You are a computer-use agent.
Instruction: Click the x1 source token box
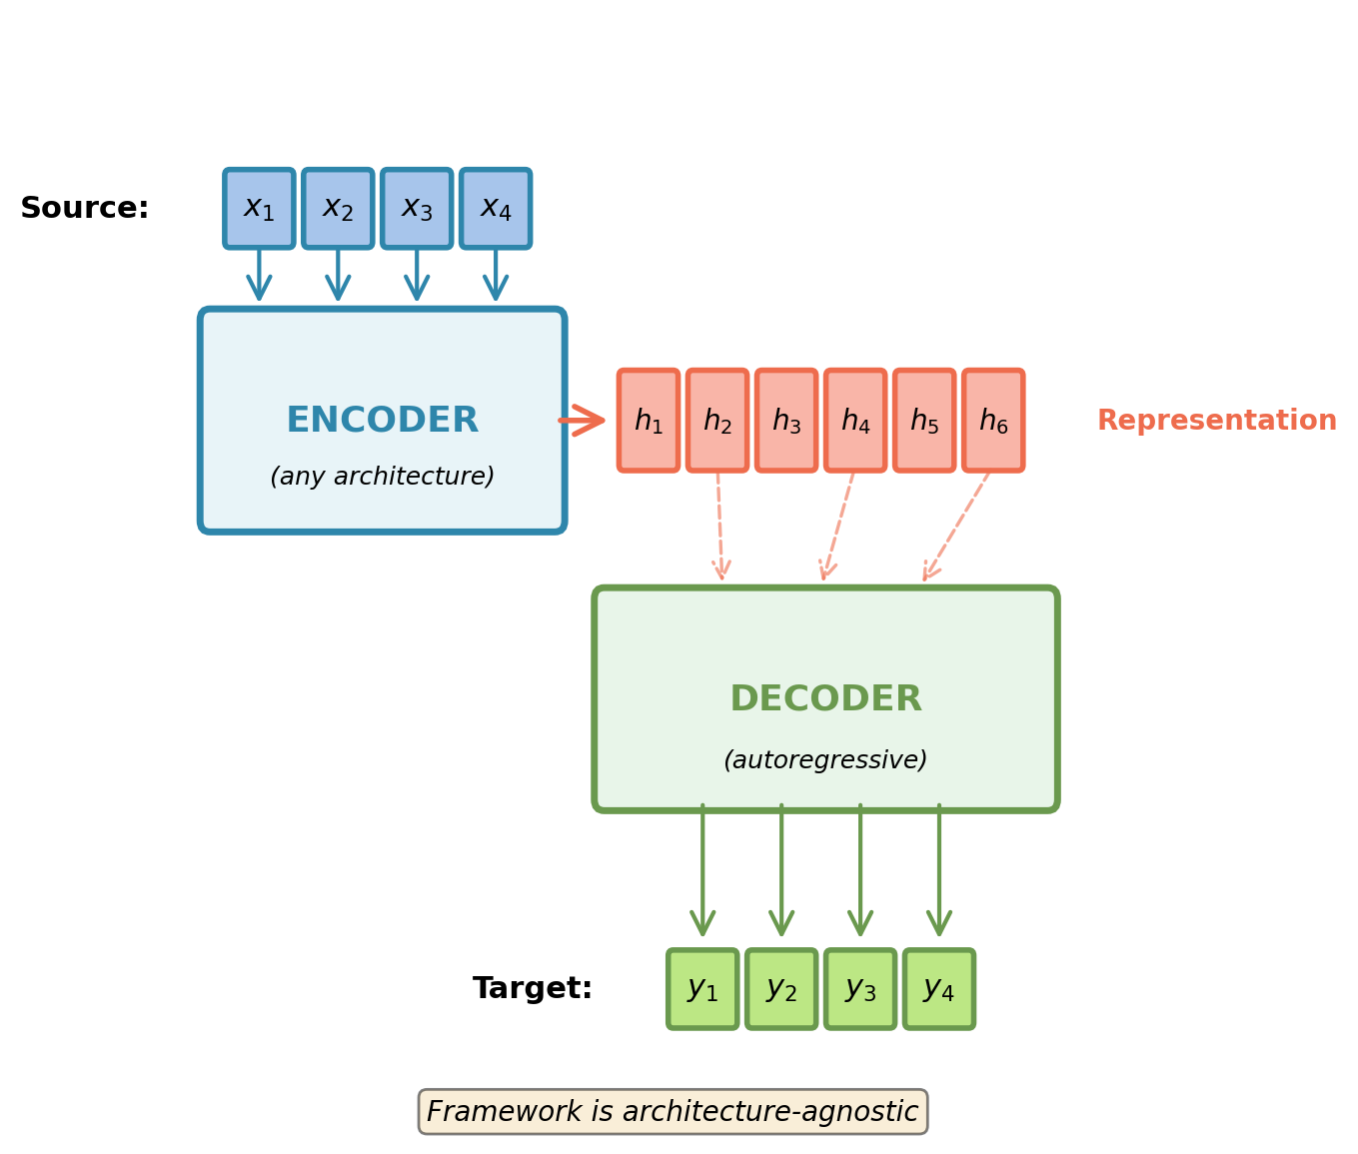[259, 208]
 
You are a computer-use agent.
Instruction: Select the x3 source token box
[417, 208]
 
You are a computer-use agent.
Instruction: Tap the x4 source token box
[496, 208]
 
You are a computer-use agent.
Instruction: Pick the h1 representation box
[649, 421]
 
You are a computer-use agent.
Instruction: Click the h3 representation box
[786, 421]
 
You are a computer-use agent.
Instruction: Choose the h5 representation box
[924, 421]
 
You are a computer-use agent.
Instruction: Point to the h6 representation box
[993, 421]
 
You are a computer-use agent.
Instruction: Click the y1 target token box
[702, 988]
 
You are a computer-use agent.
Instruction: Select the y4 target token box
[939, 988]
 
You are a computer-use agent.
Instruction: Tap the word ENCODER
[382, 421]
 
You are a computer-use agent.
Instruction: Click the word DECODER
[825, 699]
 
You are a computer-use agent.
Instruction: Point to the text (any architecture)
[382, 478]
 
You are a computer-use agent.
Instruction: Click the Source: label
[85, 209]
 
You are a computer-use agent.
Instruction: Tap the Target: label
[533, 989]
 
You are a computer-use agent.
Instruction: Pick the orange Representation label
[1216, 422]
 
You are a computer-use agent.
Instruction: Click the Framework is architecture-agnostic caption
[673, 1112]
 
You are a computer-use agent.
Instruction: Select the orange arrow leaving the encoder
[582, 421]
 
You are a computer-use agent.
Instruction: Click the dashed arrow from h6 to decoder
[956, 526]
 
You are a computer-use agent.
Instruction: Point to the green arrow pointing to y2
[781, 869]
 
